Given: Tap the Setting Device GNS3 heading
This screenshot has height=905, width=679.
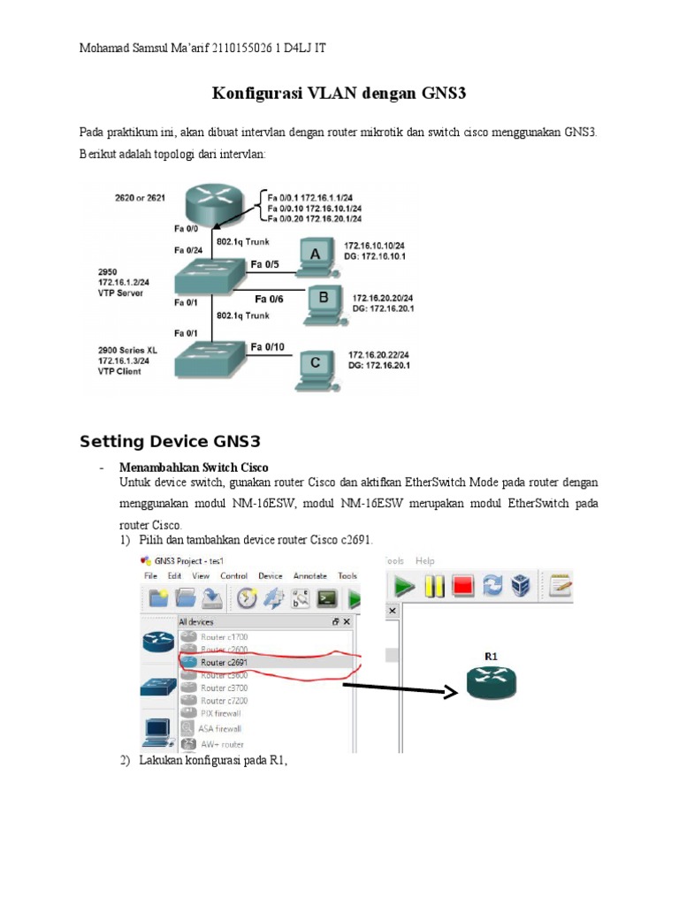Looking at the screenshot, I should click(169, 441).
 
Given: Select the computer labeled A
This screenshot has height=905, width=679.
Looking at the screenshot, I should click(314, 255).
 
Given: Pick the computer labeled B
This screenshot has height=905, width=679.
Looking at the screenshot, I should click(322, 301).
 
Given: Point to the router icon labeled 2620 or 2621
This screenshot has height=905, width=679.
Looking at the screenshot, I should click(212, 204).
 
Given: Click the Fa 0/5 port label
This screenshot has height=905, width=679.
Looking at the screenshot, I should click(264, 263).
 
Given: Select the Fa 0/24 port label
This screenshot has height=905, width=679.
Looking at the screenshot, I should click(187, 249).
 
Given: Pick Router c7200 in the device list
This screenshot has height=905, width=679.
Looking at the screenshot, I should click(224, 700).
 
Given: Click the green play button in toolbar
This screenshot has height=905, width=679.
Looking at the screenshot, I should click(404, 586).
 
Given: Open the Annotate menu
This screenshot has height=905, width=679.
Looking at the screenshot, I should click(310, 575).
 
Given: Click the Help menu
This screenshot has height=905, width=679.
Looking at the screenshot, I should click(425, 560).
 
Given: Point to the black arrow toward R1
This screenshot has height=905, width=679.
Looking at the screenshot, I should click(399, 689).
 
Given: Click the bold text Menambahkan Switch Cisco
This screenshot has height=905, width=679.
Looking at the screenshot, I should click(194, 467).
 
